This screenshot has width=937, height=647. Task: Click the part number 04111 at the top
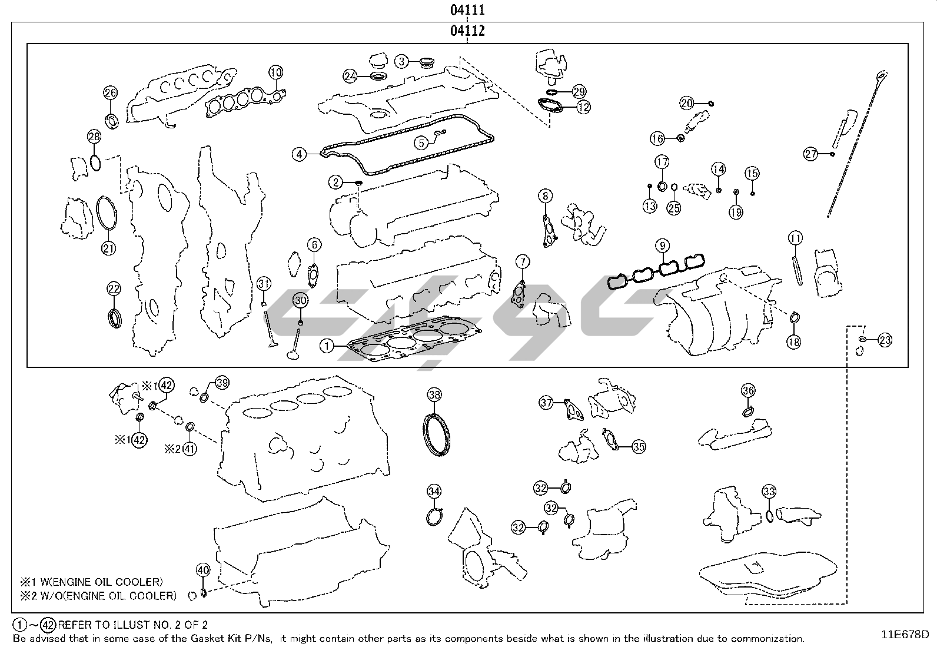(468, 10)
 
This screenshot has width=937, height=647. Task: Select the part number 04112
(468, 31)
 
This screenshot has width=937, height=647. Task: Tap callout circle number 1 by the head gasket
(327, 347)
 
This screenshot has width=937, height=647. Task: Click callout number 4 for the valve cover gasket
(300, 154)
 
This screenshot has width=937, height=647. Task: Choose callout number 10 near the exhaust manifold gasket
(276, 72)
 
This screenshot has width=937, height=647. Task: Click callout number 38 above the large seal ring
(434, 394)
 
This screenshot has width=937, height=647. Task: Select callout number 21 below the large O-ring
(108, 248)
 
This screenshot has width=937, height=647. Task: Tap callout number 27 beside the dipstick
(810, 154)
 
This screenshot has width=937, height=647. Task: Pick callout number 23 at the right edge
(885, 340)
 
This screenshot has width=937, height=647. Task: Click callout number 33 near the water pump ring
(769, 492)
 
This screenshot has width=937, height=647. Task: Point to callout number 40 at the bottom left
(203, 570)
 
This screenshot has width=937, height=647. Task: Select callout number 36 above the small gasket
(748, 390)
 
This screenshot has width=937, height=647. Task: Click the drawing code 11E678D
(905, 635)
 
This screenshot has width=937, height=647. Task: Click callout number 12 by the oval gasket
(583, 107)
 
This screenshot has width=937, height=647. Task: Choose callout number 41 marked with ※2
(189, 449)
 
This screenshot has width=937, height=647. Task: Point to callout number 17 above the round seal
(662, 162)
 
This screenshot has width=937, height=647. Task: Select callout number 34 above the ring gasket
(434, 491)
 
